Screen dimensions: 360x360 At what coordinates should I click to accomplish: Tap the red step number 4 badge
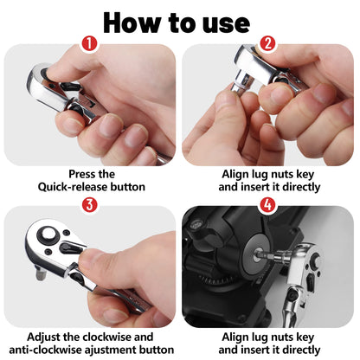(269, 205)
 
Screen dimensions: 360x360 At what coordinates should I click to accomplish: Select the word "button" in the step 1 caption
(125, 186)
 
